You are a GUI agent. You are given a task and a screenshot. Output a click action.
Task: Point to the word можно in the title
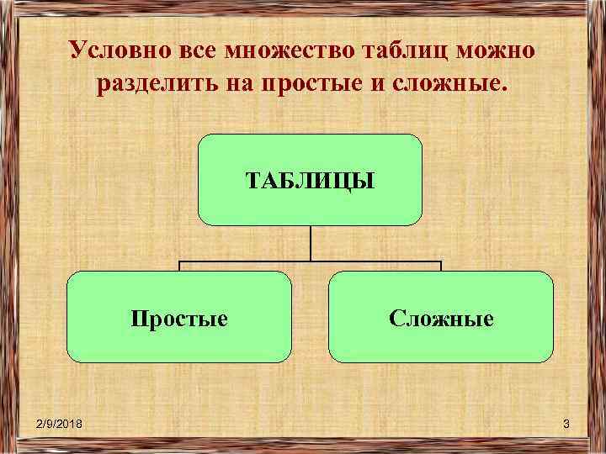pyautogui.click(x=497, y=50)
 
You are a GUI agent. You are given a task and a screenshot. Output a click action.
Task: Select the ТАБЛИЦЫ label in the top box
pyautogui.click(x=309, y=180)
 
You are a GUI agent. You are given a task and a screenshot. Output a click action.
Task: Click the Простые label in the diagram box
pyautogui.click(x=179, y=319)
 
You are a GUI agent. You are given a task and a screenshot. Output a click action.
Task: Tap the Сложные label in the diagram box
pyautogui.click(x=441, y=319)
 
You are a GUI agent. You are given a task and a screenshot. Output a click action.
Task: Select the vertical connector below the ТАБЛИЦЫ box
pyautogui.click(x=310, y=242)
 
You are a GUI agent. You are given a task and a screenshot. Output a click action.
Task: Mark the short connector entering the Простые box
pyautogui.click(x=179, y=266)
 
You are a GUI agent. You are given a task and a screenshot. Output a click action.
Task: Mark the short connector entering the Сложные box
pyautogui.click(x=441, y=266)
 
